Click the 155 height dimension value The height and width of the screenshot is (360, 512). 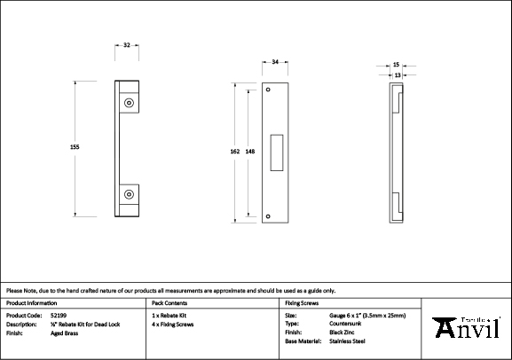click(x=75, y=148)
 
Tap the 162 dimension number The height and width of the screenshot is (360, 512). click(x=234, y=152)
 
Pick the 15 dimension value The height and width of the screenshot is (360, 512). click(x=396, y=65)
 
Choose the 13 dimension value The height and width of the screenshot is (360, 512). click(x=396, y=75)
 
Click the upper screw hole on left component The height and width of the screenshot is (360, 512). click(x=130, y=105)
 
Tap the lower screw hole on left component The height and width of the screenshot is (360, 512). click(x=130, y=193)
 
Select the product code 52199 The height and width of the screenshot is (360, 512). click(x=56, y=315)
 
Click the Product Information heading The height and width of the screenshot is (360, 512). click(x=32, y=303)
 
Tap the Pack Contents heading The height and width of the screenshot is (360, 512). click(x=169, y=303)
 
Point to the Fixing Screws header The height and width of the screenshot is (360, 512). click(x=302, y=303)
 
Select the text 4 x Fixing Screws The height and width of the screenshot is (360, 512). click(x=172, y=324)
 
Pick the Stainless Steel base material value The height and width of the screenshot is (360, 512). click(x=347, y=340)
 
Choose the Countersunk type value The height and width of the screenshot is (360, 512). click(x=344, y=324)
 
